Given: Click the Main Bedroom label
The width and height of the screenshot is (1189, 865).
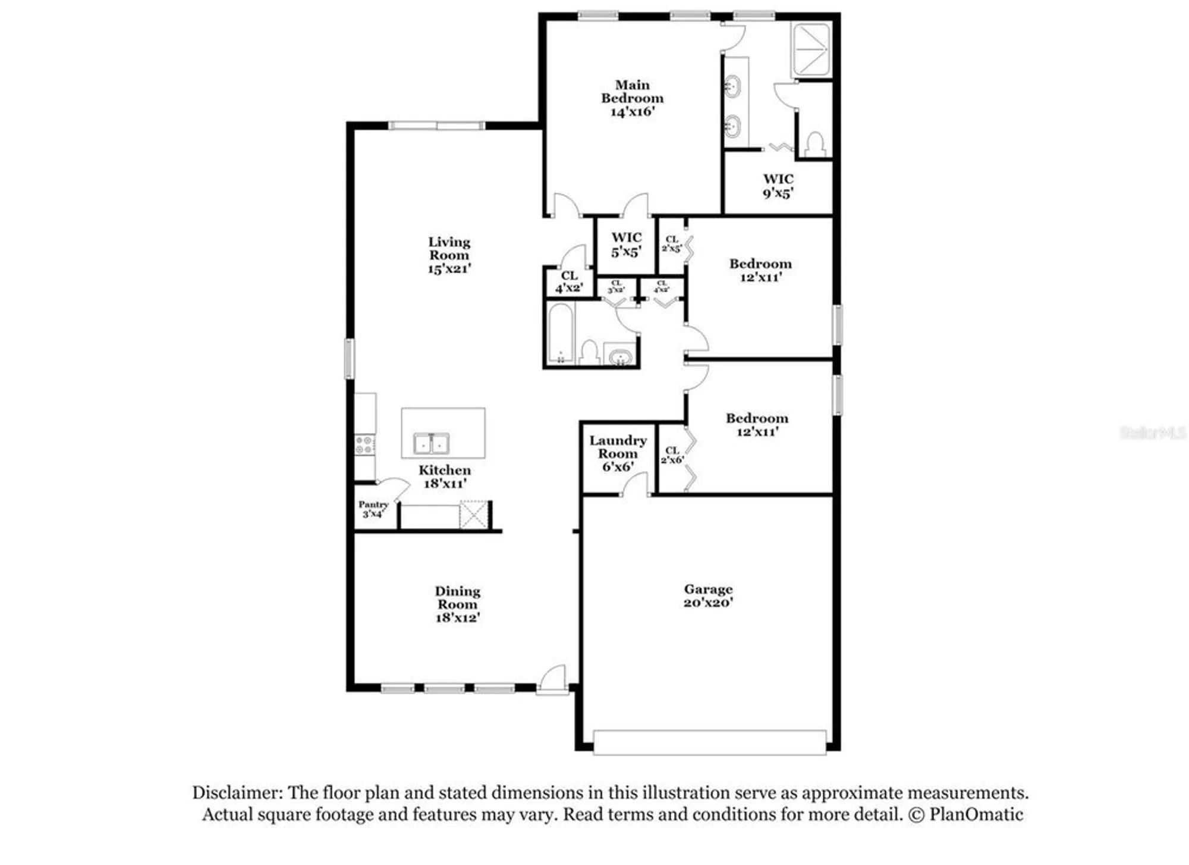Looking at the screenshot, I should [632, 98].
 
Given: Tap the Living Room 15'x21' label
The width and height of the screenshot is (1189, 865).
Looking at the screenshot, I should [449, 255].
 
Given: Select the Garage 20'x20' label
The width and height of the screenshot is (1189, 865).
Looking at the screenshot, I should [707, 596].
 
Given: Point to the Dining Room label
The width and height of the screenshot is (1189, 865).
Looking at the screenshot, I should [457, 604].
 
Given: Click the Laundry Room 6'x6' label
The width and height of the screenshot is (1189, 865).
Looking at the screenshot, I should [618, 453].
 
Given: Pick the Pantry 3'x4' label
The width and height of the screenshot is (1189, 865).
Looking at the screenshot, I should [373, 509].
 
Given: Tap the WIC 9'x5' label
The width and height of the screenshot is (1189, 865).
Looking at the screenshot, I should [778, 186].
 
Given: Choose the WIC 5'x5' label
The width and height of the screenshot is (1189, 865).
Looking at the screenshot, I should [626, 245].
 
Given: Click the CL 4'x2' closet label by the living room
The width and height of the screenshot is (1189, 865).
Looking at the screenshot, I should [569, 282].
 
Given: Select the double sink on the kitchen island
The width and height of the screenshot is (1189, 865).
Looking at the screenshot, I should [432, 444].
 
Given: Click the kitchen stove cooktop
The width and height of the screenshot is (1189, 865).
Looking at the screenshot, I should [364, 445].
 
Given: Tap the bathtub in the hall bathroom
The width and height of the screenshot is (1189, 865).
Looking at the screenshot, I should [561, 334].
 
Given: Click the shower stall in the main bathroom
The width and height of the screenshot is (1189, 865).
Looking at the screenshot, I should [810, 51].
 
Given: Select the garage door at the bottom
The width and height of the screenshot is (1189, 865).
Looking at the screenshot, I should [709, 742].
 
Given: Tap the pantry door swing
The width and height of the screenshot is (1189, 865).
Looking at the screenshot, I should [394, 488].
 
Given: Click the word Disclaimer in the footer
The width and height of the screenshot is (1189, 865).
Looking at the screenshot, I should [237, 793].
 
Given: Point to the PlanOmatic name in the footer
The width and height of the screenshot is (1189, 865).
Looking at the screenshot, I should [976, 814].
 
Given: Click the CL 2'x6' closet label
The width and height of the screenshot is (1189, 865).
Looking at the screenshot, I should [672, 455].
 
